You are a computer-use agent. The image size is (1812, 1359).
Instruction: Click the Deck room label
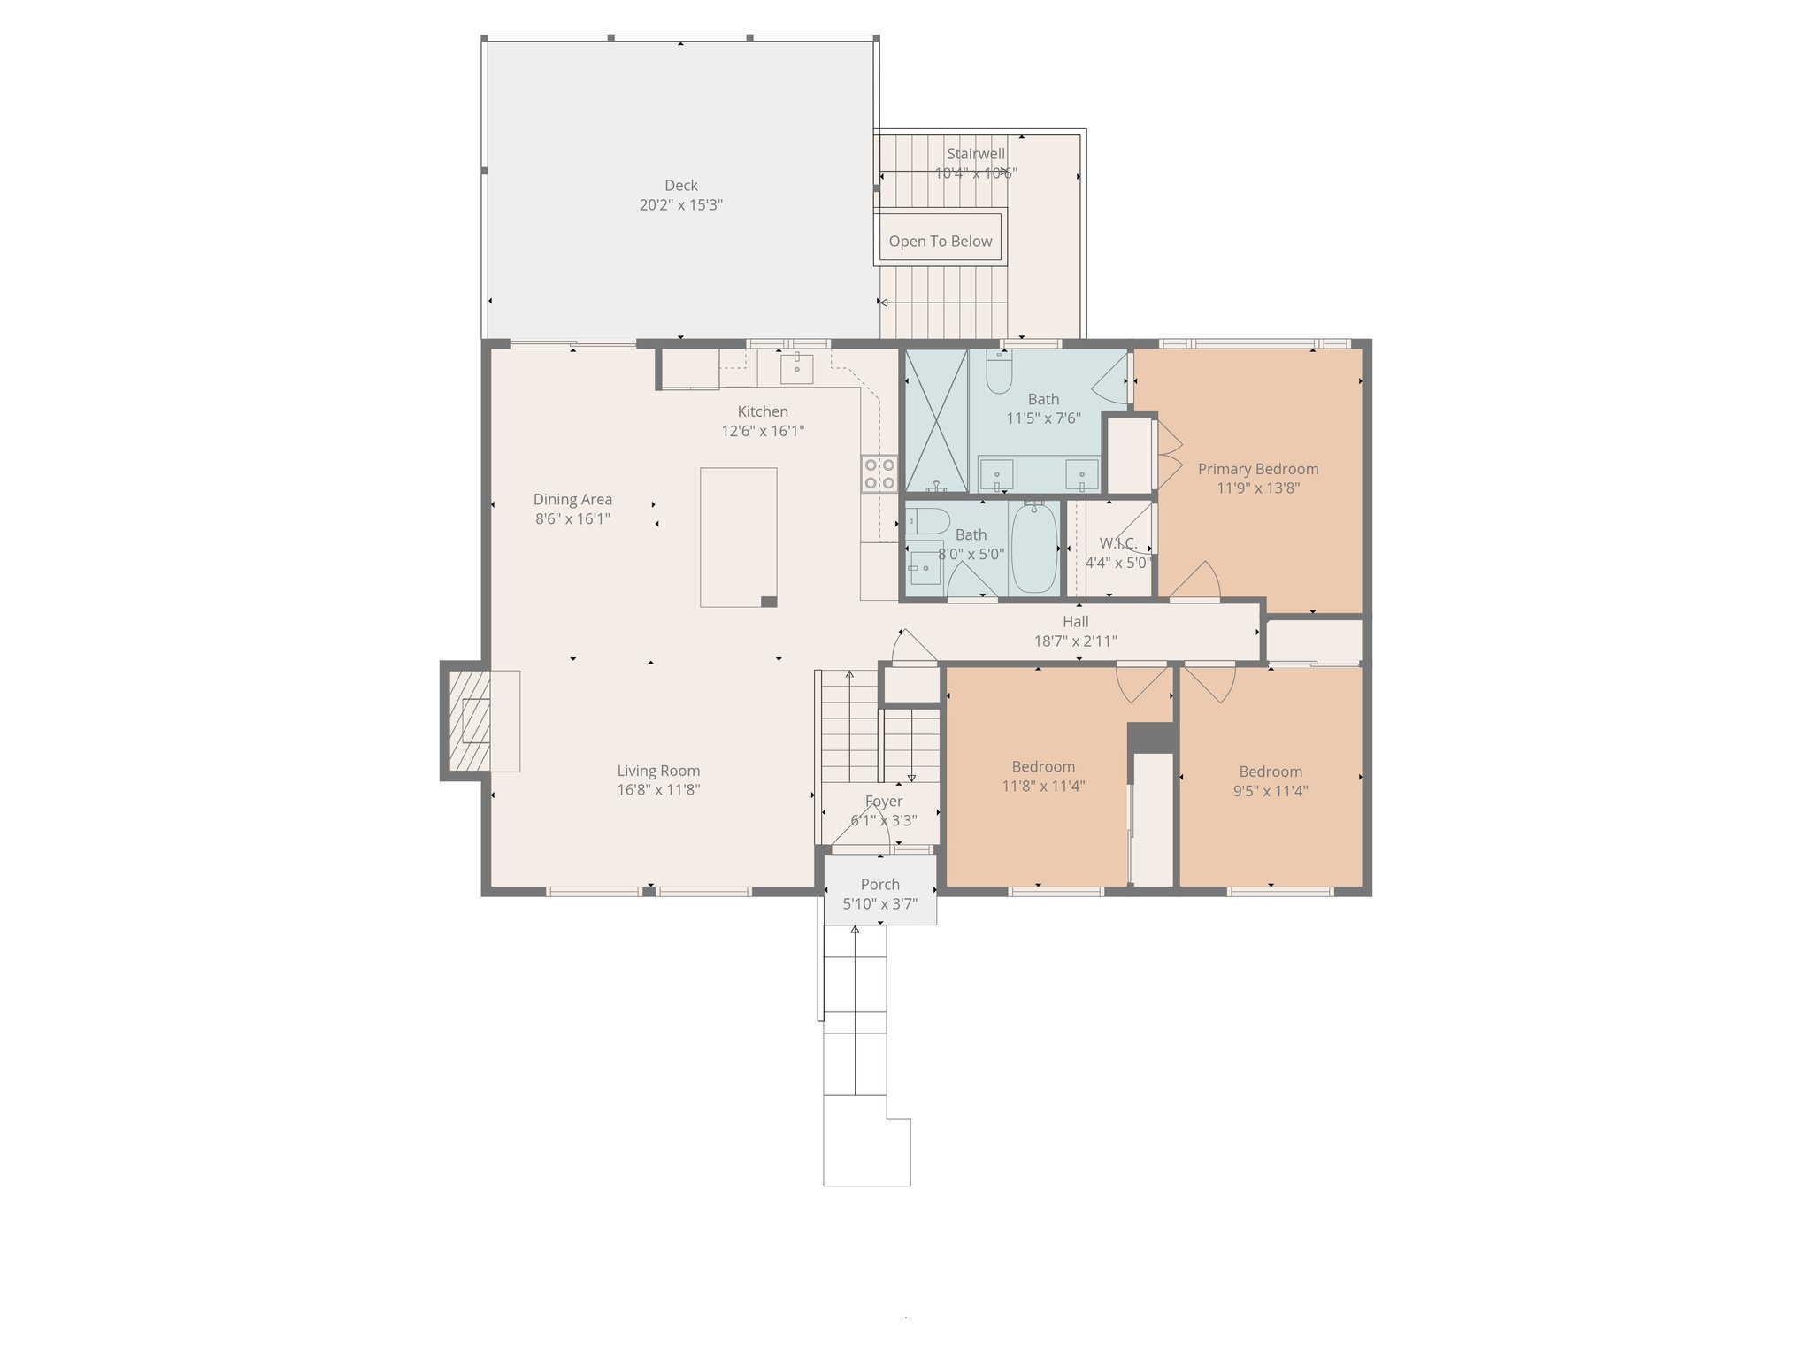tap(680, 186)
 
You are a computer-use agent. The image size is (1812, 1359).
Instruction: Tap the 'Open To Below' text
tap(940, 242)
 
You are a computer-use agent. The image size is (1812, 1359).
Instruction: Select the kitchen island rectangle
tap(738, 537)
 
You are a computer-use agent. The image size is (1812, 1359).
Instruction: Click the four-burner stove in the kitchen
tap(879, 473)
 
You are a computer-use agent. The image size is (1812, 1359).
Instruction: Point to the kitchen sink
tap(796, 367)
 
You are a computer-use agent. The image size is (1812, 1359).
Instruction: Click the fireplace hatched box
tap(469, 720)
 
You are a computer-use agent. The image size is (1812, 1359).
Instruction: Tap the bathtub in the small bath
tap(1033, 549)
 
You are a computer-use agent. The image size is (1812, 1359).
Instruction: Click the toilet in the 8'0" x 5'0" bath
tap(927, 520)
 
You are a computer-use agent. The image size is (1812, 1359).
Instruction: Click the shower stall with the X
tap(935, 421)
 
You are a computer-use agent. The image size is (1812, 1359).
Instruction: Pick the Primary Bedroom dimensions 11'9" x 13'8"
tap(1257, 488)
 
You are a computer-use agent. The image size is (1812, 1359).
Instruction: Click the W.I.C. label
tap(1117, 543)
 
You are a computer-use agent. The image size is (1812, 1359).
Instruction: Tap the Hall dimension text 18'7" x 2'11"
tap(1075, 641)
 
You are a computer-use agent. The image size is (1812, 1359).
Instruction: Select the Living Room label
tap(658, 772)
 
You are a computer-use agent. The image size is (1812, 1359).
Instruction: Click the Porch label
tap(879, 885)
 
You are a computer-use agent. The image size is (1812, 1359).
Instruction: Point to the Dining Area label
tap(572, 500)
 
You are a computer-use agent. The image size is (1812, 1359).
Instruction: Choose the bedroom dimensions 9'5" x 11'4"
tap(1270, 791)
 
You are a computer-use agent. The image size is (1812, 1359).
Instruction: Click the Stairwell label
tap(976, 154)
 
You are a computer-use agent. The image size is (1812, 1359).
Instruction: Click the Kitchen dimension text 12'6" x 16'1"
tap(763, 432)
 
